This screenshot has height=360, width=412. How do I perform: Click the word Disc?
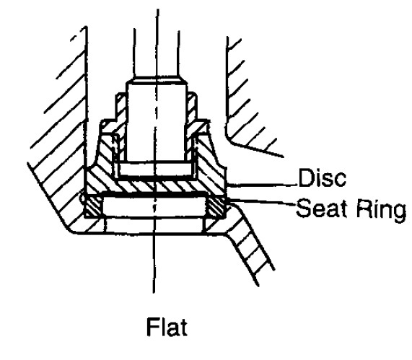(322, 178)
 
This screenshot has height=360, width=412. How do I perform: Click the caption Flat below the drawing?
(167, 327)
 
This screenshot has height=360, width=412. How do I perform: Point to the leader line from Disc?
(262, 185)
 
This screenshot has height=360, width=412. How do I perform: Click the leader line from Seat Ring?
(261, 203)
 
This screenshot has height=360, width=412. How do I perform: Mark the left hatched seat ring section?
(94, 207)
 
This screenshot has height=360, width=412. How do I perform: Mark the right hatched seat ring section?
(216, 208)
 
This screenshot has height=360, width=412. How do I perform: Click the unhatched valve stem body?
(157, 122)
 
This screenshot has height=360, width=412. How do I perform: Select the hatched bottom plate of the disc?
(156, 186)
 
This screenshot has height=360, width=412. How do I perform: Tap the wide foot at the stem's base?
(157, 169)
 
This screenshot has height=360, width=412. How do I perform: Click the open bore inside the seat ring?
(155, 207)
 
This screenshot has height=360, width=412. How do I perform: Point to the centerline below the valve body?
(154, 263)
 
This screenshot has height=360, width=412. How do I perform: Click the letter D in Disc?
(306, 178)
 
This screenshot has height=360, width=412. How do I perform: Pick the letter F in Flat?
(153, 327)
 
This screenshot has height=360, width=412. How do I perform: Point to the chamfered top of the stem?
(157, 79)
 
